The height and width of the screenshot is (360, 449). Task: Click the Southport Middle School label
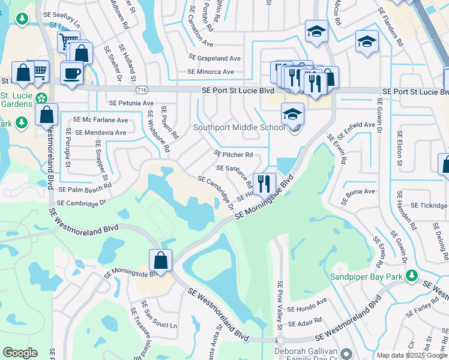pyautogui.click(x=238, y=127)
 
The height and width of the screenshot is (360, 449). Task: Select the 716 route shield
pyautogui.click(x=142, y=90)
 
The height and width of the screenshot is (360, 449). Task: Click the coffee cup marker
pyautogui.click(x=72, y=73)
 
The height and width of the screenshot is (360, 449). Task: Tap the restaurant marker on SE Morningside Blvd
pyautogui.click(x=264, y=183)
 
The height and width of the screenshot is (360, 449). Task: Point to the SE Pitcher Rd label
pyautogui.click(x=234, y=154)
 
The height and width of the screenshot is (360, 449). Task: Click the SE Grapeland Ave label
pyautogui.click(x=214, y=58)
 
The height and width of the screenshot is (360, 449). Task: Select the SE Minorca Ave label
pyautogui.click(x=210, y=72)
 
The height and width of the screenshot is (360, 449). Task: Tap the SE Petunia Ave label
pyautogui.click(x=131, y=103)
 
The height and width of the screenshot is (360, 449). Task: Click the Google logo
pyautogui.click(x=20, y=353)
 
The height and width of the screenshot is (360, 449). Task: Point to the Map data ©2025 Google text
pyautogui.click(x=412, y=355)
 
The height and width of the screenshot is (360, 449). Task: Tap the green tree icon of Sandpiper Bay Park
pyautogui.click(x=411, y=276)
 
